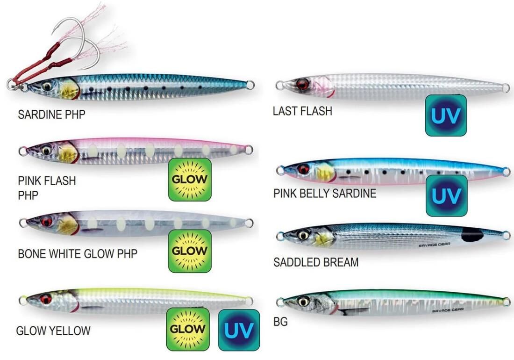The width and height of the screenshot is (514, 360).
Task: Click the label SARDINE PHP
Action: click(51, 115)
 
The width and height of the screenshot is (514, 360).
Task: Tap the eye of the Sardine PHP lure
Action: click(47, 86)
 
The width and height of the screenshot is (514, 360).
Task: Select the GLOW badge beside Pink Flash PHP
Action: click(190, 180)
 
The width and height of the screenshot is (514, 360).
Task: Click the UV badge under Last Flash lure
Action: click(446, 115)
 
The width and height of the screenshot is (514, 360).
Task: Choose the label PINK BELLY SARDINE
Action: click(325, 193)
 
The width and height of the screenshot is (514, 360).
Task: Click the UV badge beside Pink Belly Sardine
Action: click(446, 196)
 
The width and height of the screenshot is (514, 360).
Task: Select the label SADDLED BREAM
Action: click(316, 262)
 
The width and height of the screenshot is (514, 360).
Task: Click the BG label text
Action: click(280, 322)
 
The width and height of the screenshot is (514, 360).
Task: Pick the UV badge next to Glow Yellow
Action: click(238, 330)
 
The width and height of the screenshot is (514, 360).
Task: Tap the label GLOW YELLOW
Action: click(53, 331)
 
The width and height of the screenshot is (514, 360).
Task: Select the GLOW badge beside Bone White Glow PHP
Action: click(189, 251)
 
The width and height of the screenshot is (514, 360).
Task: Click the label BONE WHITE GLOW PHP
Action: click(78, 254)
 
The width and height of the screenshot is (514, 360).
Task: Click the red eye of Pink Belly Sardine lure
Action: click(304, 169)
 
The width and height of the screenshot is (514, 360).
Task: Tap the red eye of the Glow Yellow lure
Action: click(46, 299)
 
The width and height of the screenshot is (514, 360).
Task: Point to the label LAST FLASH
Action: click(302, 111)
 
